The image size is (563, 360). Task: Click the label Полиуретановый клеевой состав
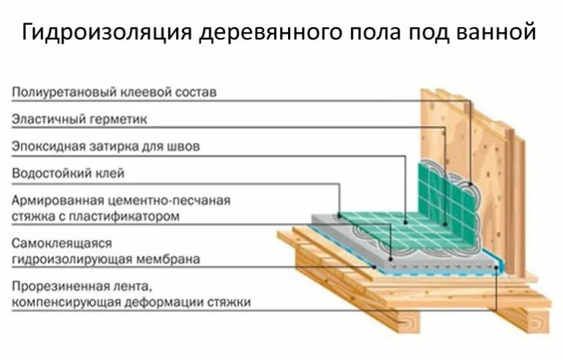[114, 92]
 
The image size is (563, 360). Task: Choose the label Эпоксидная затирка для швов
[106, 146]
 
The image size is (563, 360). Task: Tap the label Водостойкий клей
[68, 173]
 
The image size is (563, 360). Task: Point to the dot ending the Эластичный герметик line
[445, 221]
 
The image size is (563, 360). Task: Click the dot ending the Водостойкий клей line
[339, 216]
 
